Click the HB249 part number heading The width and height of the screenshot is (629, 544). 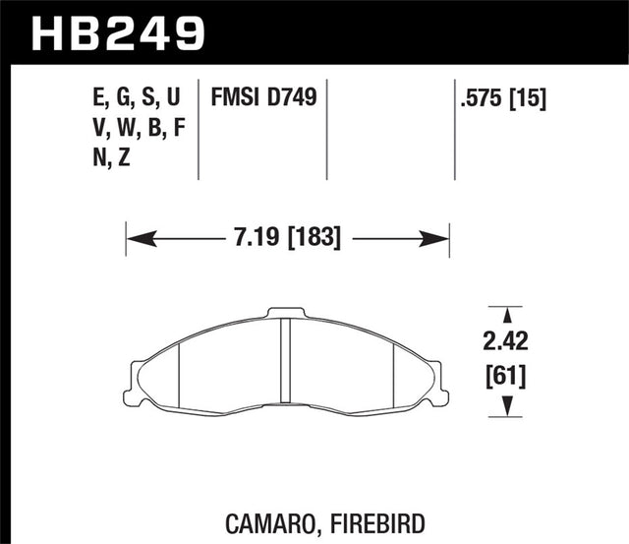[119, 32]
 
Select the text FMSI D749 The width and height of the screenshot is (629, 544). [262, 97]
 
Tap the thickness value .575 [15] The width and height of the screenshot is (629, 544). [502, 97]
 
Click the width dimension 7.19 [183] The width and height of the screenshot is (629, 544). [287, 238]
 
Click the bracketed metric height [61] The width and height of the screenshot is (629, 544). [505, 375]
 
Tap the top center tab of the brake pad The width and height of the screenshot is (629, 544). [287, 314]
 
